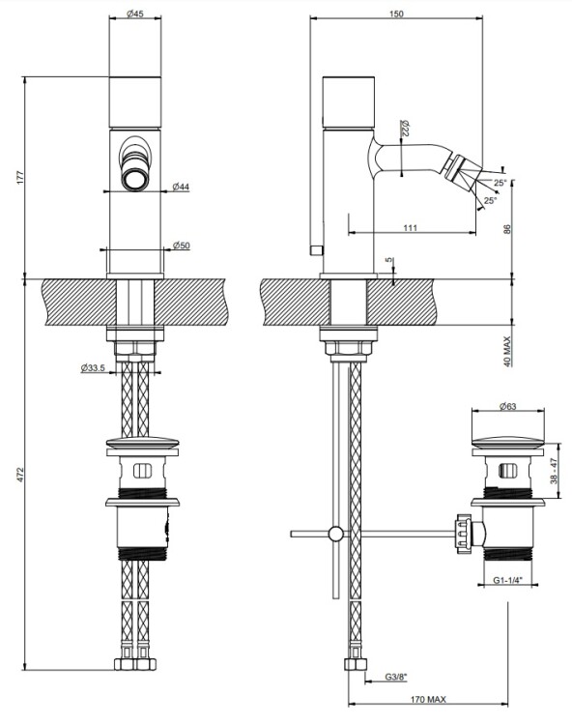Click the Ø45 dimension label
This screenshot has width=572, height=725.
pos(135,14)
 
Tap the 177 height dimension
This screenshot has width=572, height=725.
pos(20,178)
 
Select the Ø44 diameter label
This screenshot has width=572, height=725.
pos(181,187)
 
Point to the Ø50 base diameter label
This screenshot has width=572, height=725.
pos(181,246)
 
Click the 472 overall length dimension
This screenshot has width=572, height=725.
pos(20,475)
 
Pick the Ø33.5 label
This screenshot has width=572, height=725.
pos(93,368)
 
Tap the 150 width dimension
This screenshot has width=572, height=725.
pos(396,14)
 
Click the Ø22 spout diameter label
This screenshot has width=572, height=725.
pos(405,128)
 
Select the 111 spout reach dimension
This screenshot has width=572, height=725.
pos(411,227)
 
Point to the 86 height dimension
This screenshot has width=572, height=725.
pos(507,229)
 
